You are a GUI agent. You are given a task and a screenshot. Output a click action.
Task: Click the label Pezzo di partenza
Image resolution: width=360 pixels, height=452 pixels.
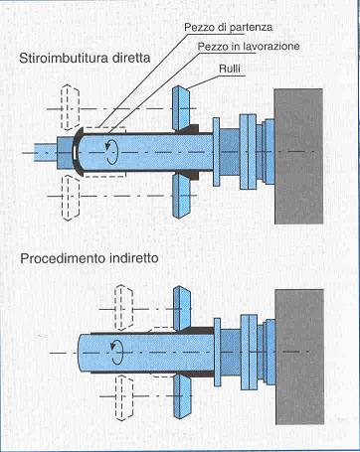[x=228, y=27]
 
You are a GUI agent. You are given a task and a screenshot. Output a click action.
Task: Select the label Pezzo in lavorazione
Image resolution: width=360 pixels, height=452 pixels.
[x=249, y=46]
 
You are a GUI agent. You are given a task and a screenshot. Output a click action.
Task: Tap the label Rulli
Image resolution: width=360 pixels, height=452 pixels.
[x=230, y=69]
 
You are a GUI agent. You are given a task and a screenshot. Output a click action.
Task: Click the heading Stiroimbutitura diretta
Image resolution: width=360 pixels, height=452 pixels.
[x=85, y=58]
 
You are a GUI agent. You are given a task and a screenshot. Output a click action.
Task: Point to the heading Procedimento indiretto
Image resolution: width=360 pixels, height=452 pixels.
[x=90, y=258]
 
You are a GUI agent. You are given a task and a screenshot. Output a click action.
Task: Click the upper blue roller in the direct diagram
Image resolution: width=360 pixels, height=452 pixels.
[x=181, y=108]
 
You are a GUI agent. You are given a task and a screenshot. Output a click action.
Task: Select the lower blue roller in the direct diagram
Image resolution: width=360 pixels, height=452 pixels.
[x=181, y=196]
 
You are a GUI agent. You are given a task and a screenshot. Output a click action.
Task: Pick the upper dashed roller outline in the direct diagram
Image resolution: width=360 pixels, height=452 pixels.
[x=71, y=107]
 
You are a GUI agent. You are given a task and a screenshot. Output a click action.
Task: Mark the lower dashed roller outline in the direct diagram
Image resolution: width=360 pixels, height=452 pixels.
[x=71, y=198]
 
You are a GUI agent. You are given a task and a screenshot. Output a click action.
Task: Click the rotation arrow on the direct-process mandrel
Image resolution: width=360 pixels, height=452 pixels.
[x=112, y=152]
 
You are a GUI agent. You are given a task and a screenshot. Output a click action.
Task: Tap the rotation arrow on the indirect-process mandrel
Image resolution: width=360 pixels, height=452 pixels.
[x=116, y=352]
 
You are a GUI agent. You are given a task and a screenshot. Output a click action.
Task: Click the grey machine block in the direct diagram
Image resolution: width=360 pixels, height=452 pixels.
[x=298, y=156]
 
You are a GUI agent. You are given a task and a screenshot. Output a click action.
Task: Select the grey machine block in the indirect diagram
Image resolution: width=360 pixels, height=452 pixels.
[x=299, y=357]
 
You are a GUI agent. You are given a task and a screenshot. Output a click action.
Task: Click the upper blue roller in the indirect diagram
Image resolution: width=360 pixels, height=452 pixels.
[x=182, y=309]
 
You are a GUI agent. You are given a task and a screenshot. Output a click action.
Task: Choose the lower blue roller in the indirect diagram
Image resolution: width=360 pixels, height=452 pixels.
[x=182, y=396]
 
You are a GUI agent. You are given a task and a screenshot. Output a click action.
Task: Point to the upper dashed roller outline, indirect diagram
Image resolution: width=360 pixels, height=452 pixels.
[x=123, y=307]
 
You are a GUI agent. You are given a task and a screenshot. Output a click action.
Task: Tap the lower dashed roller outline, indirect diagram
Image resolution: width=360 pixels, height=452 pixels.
[x=123, y=397]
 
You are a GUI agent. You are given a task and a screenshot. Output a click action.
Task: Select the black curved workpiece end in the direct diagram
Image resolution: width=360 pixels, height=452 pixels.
[x=78, y=152]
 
